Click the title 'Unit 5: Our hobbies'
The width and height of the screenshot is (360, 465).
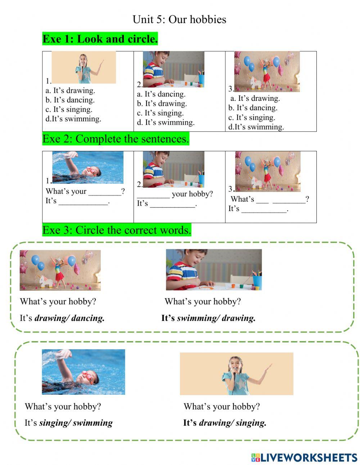179,19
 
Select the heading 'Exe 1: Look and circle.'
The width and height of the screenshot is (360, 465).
100,39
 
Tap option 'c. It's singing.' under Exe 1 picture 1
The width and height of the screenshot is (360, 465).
69,109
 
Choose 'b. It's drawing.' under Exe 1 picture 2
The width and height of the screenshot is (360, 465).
162,104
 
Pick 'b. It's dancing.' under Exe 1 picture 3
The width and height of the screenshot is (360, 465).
253,108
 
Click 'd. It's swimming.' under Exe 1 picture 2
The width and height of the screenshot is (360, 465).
166,122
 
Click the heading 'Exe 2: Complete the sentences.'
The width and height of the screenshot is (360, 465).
116,139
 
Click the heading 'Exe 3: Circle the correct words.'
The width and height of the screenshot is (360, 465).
117,230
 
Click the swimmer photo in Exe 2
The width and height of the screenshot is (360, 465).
87,167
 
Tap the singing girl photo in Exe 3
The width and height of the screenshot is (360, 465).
237,374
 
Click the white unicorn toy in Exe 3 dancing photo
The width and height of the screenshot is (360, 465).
45,281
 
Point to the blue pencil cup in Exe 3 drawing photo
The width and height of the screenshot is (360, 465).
257,281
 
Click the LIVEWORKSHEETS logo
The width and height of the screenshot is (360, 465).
304,457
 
